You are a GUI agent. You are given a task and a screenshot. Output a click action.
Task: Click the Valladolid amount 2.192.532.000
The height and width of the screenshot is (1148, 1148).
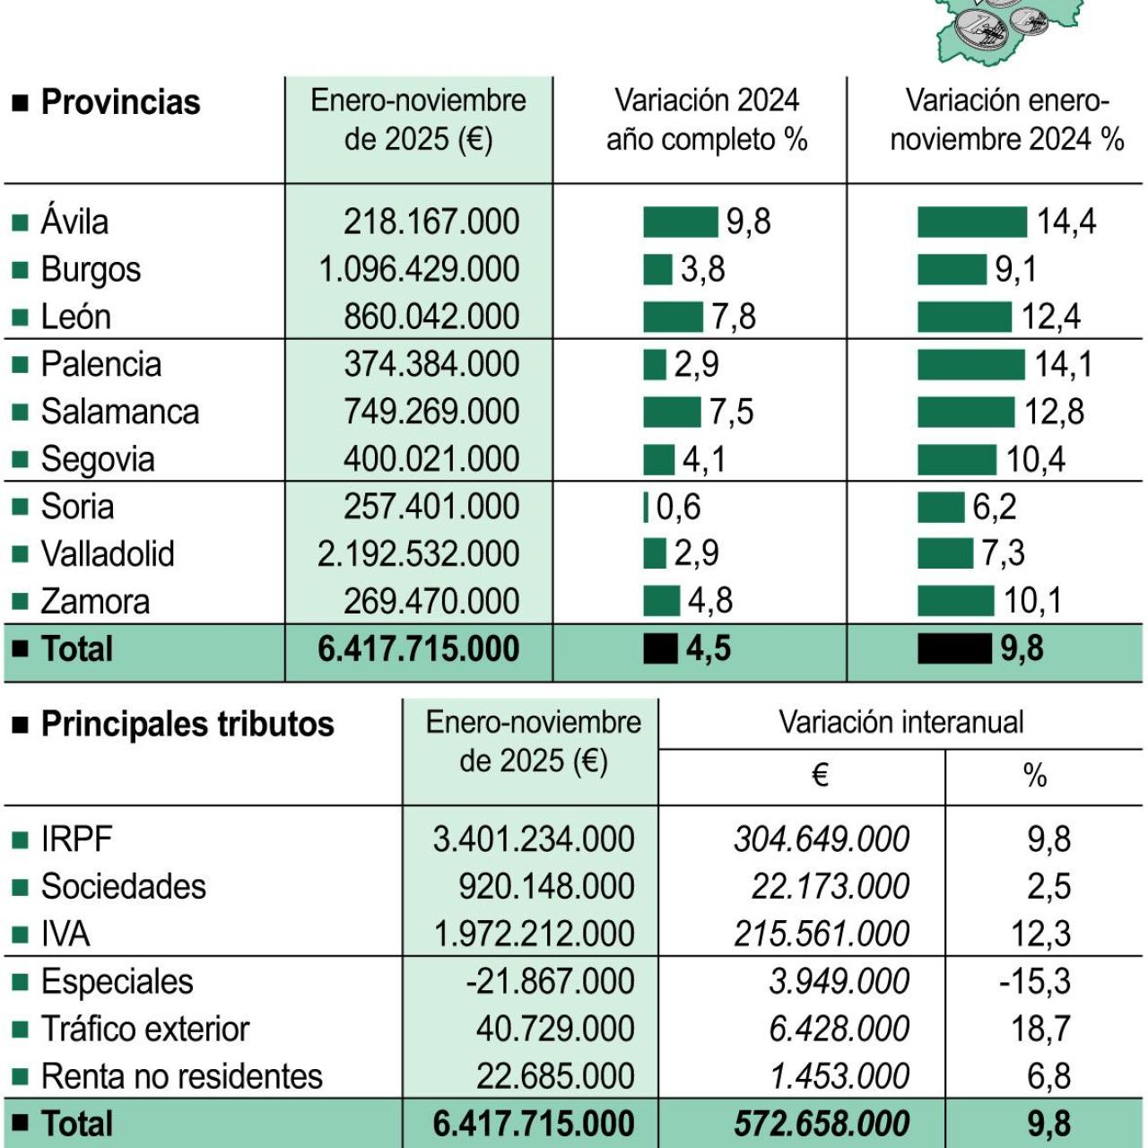coord(418,554)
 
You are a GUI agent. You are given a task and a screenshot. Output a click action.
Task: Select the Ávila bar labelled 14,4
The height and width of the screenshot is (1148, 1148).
coord(971,222)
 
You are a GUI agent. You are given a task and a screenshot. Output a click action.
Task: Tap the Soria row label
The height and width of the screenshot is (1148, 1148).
coord(77,507)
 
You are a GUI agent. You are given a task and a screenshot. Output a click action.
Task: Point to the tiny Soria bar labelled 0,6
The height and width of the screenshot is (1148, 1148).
coord(646,507)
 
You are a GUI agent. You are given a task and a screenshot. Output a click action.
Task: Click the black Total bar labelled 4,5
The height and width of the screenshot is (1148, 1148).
coord(660,648)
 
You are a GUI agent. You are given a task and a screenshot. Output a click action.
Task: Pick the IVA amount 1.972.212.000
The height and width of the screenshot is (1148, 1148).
coord(534,934)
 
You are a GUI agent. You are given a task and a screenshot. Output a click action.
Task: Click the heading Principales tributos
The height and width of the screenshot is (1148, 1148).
coord(187,724)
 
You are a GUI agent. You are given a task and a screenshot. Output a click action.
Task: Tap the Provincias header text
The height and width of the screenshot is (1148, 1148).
coord(120,102)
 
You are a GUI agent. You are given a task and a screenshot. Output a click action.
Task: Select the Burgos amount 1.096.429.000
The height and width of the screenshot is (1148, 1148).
coord(419,269)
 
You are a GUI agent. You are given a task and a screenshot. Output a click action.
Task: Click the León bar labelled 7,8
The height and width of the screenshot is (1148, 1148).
coord(673,317)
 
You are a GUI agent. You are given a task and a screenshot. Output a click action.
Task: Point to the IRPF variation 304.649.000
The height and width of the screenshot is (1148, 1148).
coord(821,839)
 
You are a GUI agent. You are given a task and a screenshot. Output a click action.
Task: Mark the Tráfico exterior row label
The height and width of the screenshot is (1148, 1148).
coord(144,1029)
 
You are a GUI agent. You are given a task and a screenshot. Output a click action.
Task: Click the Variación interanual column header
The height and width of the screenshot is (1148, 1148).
coord(900,722)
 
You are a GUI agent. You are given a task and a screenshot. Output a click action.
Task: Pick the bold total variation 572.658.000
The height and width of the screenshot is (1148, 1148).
coord(821,1124)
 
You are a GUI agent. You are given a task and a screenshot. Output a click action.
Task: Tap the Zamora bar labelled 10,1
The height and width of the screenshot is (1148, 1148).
coord(955,601)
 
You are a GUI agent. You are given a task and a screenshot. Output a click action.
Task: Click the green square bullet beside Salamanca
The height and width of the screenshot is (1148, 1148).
coord(20,413)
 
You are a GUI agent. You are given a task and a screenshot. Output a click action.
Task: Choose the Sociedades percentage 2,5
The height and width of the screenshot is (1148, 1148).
coord(1048,886)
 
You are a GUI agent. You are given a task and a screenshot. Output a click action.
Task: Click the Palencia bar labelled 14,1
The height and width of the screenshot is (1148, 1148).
coord(970,364)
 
